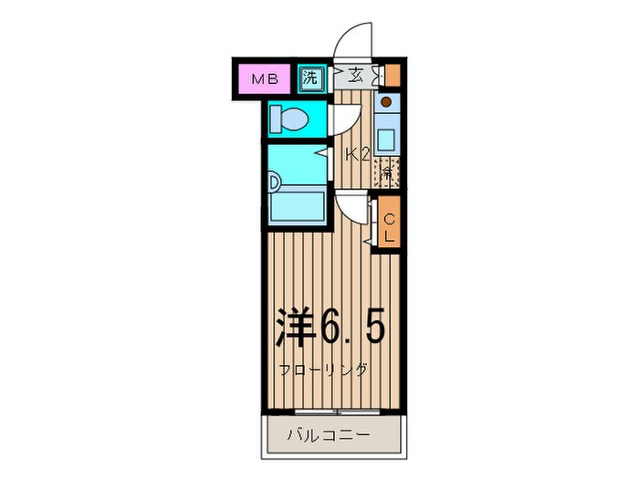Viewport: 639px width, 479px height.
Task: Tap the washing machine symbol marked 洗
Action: click(311, 78)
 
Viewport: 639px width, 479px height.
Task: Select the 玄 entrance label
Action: click(353, 77)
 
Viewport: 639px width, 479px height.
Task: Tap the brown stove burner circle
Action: click(386, 102)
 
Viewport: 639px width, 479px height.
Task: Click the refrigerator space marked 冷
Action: click(387, 172)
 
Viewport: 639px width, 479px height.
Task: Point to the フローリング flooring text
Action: click(324, 370)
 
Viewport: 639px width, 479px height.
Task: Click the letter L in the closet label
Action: click(388, 235)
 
